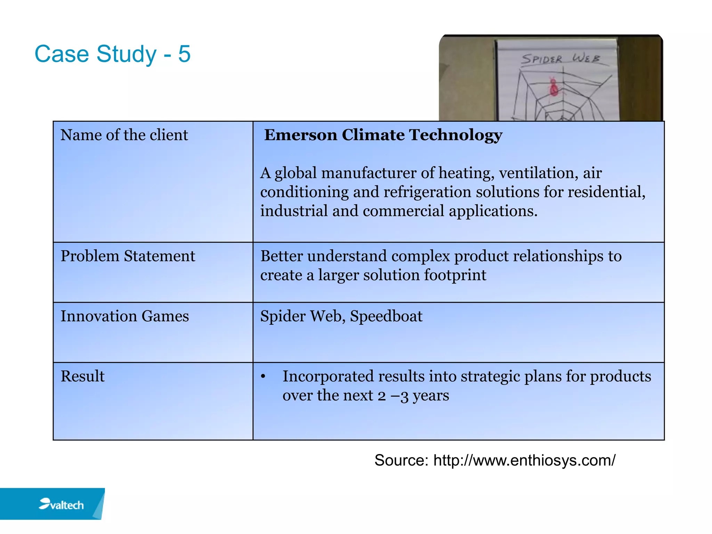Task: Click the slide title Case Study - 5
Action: coord(112,54)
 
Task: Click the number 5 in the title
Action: coord(184,54)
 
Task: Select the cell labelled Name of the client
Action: coord(124,135)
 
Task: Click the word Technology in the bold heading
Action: coord(455,135)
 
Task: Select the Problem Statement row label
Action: coord(128,256)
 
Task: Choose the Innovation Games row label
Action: coord(124,316)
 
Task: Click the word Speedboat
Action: coord(386,316)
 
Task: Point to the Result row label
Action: coord(82,377)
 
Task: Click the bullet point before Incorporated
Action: coord(263,377)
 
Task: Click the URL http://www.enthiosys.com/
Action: coord(524,460)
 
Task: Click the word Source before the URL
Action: coord(401,460)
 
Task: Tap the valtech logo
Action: coord(61,504)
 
